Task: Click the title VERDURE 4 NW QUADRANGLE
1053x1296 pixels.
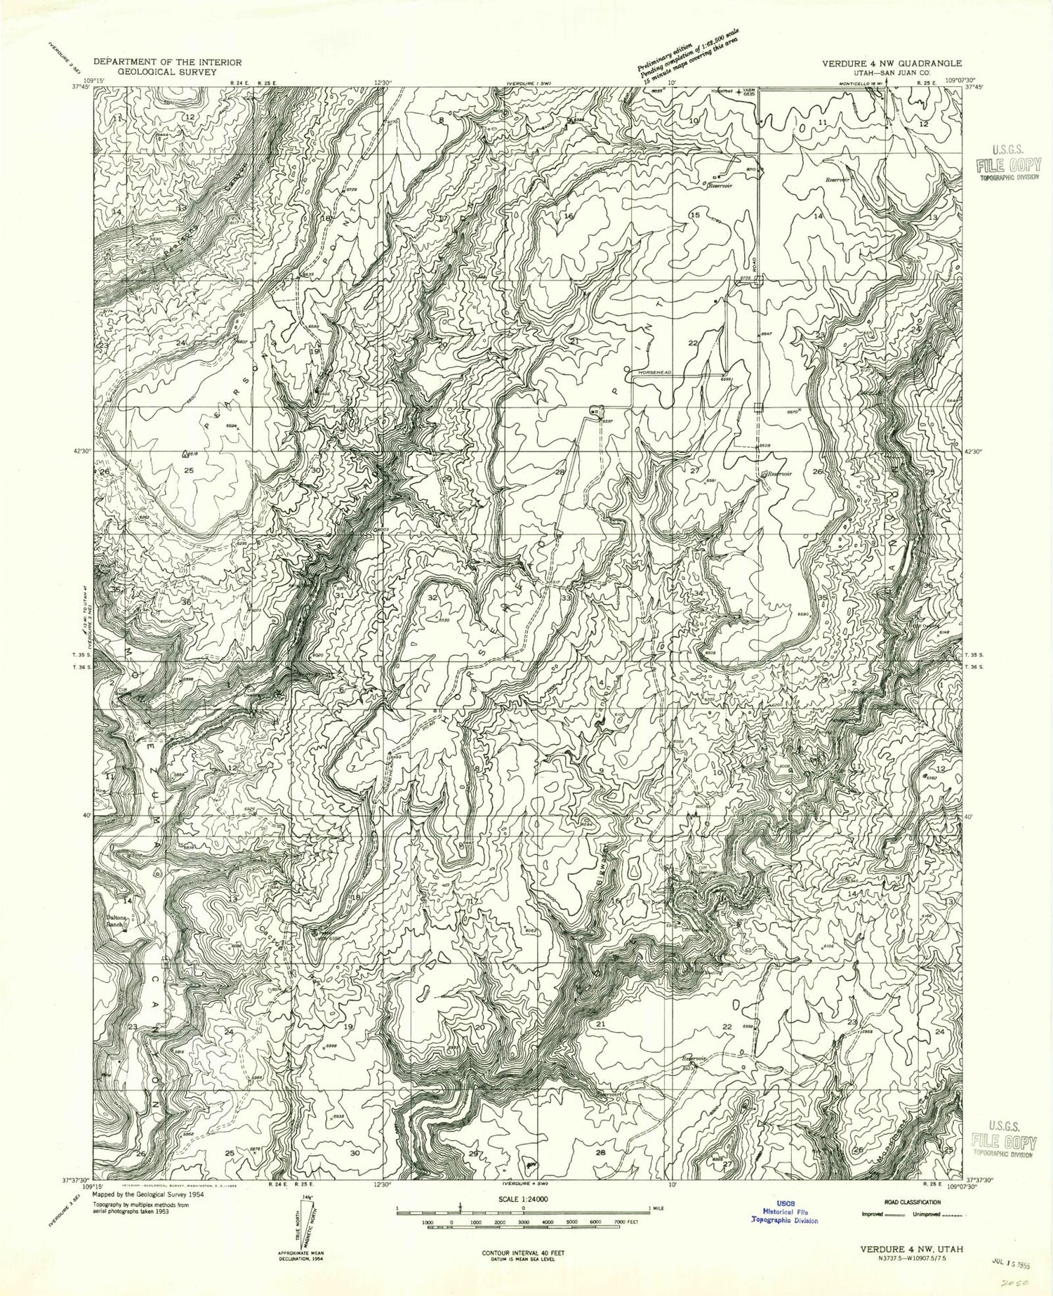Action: (x=892, y=62)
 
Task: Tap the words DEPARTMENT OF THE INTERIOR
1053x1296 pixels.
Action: (x=167, y=62)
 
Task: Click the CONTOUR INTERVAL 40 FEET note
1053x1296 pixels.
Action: (x=526, y=1252)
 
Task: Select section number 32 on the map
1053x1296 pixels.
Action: (x=433, y=597)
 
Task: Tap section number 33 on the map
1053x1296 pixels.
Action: (x=565, y=598)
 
